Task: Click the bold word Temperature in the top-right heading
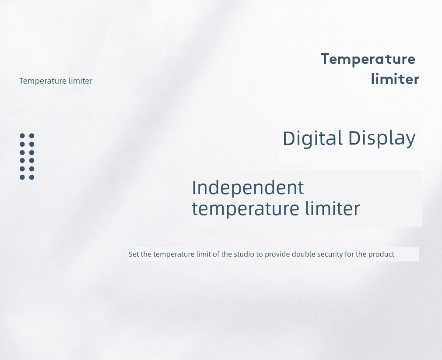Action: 368,60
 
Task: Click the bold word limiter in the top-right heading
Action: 395,79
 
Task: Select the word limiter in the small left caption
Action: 81,81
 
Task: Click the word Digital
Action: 312,138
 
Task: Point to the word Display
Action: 382,138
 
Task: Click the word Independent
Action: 248,187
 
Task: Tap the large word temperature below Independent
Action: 245,209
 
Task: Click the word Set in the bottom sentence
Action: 134,254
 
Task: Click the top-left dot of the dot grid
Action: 22,136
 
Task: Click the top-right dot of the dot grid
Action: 32,136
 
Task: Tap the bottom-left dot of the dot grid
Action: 22,177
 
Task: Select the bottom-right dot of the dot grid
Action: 32,177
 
